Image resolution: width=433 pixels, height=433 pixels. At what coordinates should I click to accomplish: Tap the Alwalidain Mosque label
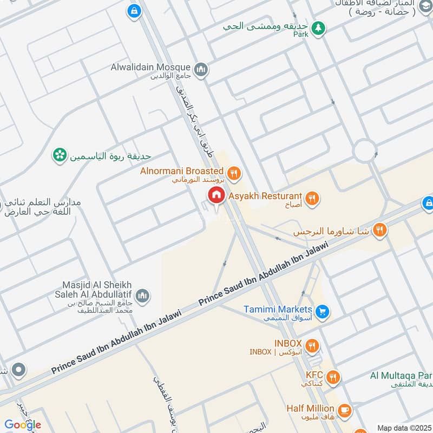(158, 67)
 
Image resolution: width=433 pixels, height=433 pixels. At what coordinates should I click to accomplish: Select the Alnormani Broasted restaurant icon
(234, 173)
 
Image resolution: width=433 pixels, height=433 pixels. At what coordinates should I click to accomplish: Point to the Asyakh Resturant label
(265, 196)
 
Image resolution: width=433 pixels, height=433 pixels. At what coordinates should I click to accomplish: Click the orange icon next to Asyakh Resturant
(311, 198)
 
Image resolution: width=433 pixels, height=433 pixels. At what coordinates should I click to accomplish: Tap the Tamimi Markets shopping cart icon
(323, 311)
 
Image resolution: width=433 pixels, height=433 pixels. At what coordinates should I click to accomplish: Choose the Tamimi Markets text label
(278, 310)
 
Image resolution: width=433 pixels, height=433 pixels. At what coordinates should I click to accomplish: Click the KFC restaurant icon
(333, 377)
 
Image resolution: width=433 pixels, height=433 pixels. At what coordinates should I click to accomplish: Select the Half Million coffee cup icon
(344, 410)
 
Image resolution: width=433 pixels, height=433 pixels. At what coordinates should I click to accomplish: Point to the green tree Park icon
(319, 27)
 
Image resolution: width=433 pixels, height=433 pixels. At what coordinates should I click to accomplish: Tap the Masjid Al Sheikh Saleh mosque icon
(142, 295)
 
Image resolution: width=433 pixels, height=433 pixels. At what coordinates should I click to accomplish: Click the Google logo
(23, 424)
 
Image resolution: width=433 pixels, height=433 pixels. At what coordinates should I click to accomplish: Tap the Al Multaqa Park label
(401, 376)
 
